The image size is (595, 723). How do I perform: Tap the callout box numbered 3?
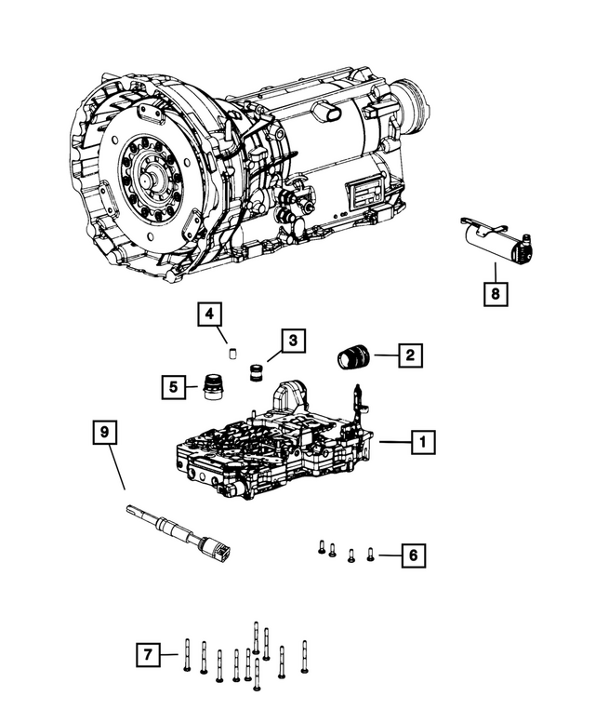(292, 342)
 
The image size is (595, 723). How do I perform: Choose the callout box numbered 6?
(414, 556)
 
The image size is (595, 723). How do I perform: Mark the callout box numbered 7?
(147, 656)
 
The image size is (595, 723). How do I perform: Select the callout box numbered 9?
(106, 433)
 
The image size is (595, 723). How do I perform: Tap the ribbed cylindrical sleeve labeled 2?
(351, 357)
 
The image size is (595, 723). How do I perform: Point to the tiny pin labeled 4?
(235, 353)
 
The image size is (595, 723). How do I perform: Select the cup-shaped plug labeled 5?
(213, 386)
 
